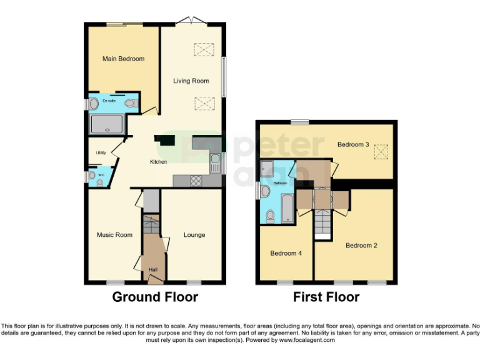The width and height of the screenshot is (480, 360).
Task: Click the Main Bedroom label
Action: pos(123,59)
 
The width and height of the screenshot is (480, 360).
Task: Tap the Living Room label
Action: pos(191,81)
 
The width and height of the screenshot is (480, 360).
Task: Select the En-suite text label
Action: pos(109,101)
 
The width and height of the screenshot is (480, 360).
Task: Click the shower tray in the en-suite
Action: pos(108,124)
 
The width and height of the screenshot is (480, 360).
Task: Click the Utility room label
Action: pos(101,152)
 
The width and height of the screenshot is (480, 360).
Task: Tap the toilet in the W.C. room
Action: pos(92,177)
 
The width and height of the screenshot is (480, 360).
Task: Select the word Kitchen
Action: pos(158,162)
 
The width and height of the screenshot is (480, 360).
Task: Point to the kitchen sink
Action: pos(214,162)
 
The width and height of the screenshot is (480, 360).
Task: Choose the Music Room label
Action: pos(114,235)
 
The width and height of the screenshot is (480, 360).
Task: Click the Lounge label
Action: pos(194,235)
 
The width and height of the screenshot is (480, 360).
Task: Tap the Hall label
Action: pos(153,270)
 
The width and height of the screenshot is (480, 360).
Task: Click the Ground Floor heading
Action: pos(155,297)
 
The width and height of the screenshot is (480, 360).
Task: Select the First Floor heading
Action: pos(326,297)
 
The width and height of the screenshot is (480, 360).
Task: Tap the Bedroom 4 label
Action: pos(286,253)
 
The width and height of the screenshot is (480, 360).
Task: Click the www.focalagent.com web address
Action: pos(306,341)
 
